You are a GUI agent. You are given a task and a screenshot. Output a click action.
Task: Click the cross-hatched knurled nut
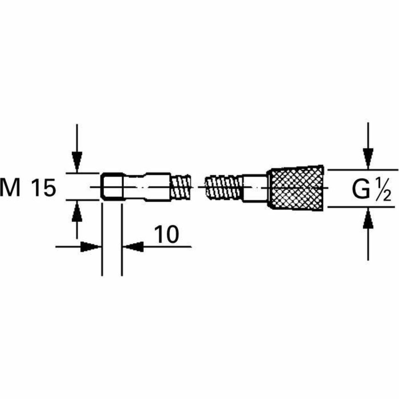(x=296, y=188)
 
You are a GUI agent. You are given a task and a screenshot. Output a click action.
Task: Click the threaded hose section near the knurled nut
(x=223, y=188)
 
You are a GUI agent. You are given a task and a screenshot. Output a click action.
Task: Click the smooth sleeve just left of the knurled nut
(x=255, y=188)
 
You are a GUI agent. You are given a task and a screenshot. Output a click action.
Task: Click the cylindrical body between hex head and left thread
(x=158, y=187)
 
